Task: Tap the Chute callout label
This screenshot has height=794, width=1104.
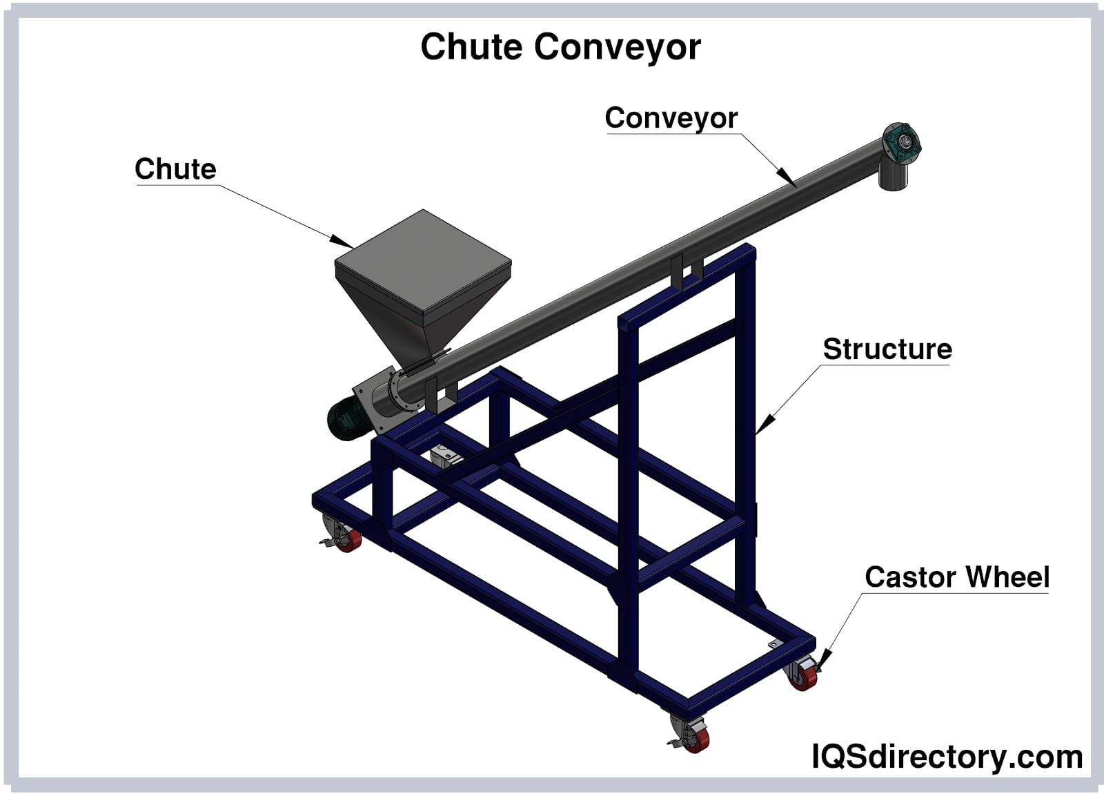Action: click(x=175, y=169)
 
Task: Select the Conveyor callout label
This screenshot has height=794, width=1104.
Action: click(x=671, y=118)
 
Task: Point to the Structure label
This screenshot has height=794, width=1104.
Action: click(x=887, y=349)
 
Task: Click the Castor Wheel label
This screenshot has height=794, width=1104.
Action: click(x=957, y=577)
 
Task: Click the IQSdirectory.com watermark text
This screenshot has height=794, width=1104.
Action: click(x=947, y=757)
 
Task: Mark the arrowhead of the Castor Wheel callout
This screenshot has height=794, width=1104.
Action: click(x=825, y=660)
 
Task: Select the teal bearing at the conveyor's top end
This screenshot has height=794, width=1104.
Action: click(x=902, y=143)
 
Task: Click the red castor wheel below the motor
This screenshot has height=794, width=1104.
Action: click(x=349, y=539)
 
